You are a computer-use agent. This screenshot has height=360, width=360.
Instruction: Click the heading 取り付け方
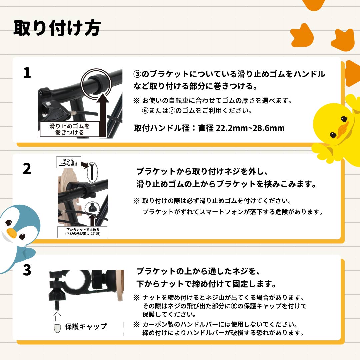coord(57,28)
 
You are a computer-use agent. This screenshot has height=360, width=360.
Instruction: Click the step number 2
coord(27,169)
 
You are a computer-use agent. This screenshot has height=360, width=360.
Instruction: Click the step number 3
coord(27,270)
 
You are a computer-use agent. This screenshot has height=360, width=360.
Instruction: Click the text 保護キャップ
coord(86,327)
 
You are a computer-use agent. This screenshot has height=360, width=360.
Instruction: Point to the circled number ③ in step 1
coord(138,74)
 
